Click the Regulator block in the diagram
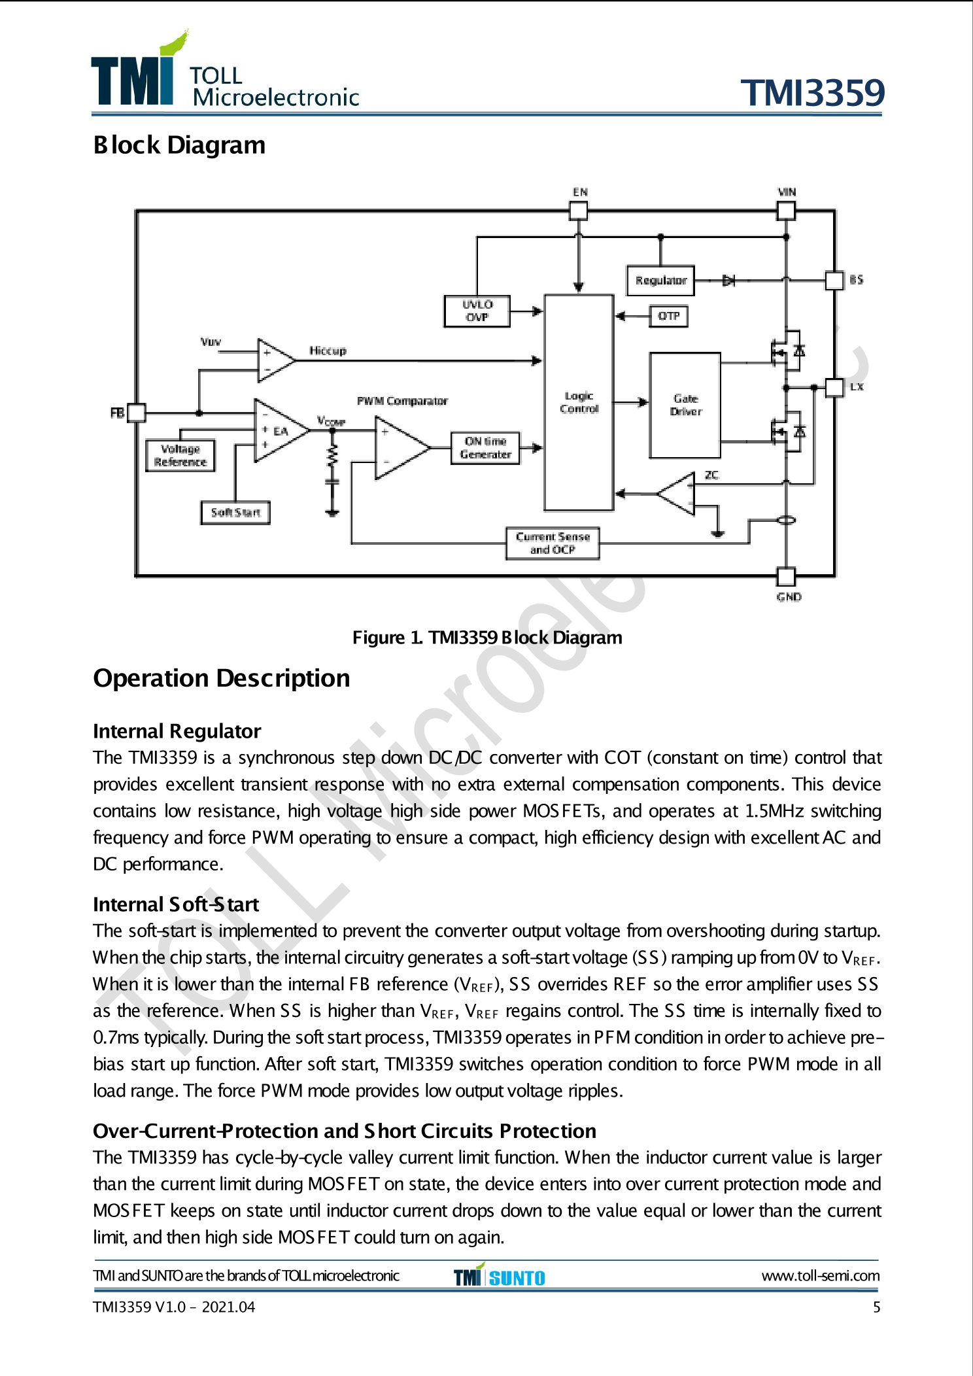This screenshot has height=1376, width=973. click(x=660, y=281)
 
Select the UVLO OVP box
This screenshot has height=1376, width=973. click(x=477, y=311)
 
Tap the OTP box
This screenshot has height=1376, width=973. click(x=668, y=317)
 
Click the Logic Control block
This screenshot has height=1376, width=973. click(x=579, y=402)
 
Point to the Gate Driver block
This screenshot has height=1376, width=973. click(x=685, y=405)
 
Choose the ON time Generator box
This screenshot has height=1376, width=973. click(x=485, y=448)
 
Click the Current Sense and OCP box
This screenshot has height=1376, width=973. click(x=553, y=543)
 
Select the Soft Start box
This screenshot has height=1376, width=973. click(x=235, y=513)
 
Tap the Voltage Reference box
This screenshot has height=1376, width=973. click(x=180, y=456)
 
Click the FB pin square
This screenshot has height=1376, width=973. click(x=136, y=413)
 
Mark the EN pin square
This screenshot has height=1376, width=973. click(x=579, y=211)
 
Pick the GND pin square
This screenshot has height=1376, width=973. click(x=786, y=577)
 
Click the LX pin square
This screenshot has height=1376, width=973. click(x=834, y=387)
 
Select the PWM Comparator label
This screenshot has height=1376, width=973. click(x=402, y=401)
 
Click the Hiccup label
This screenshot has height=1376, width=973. click(x=328, y=351)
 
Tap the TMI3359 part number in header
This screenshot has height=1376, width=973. click(x=812, y=93)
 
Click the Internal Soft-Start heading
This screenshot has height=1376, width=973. click(x=176, y=904)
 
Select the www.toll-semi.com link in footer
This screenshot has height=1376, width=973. click(x=820, y=1276)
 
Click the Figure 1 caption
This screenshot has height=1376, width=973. click(x=487, y=638)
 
